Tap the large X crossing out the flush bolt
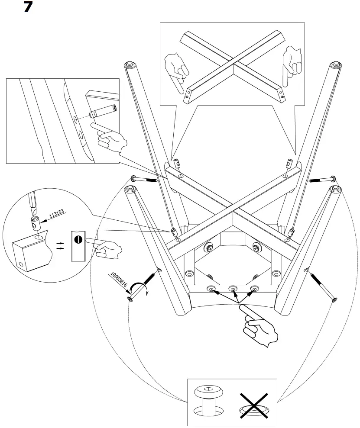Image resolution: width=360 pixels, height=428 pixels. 254,405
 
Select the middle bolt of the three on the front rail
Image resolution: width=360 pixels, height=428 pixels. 234,289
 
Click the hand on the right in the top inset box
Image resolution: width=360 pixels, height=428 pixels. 291,65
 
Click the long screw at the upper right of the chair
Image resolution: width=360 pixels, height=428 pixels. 323,179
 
